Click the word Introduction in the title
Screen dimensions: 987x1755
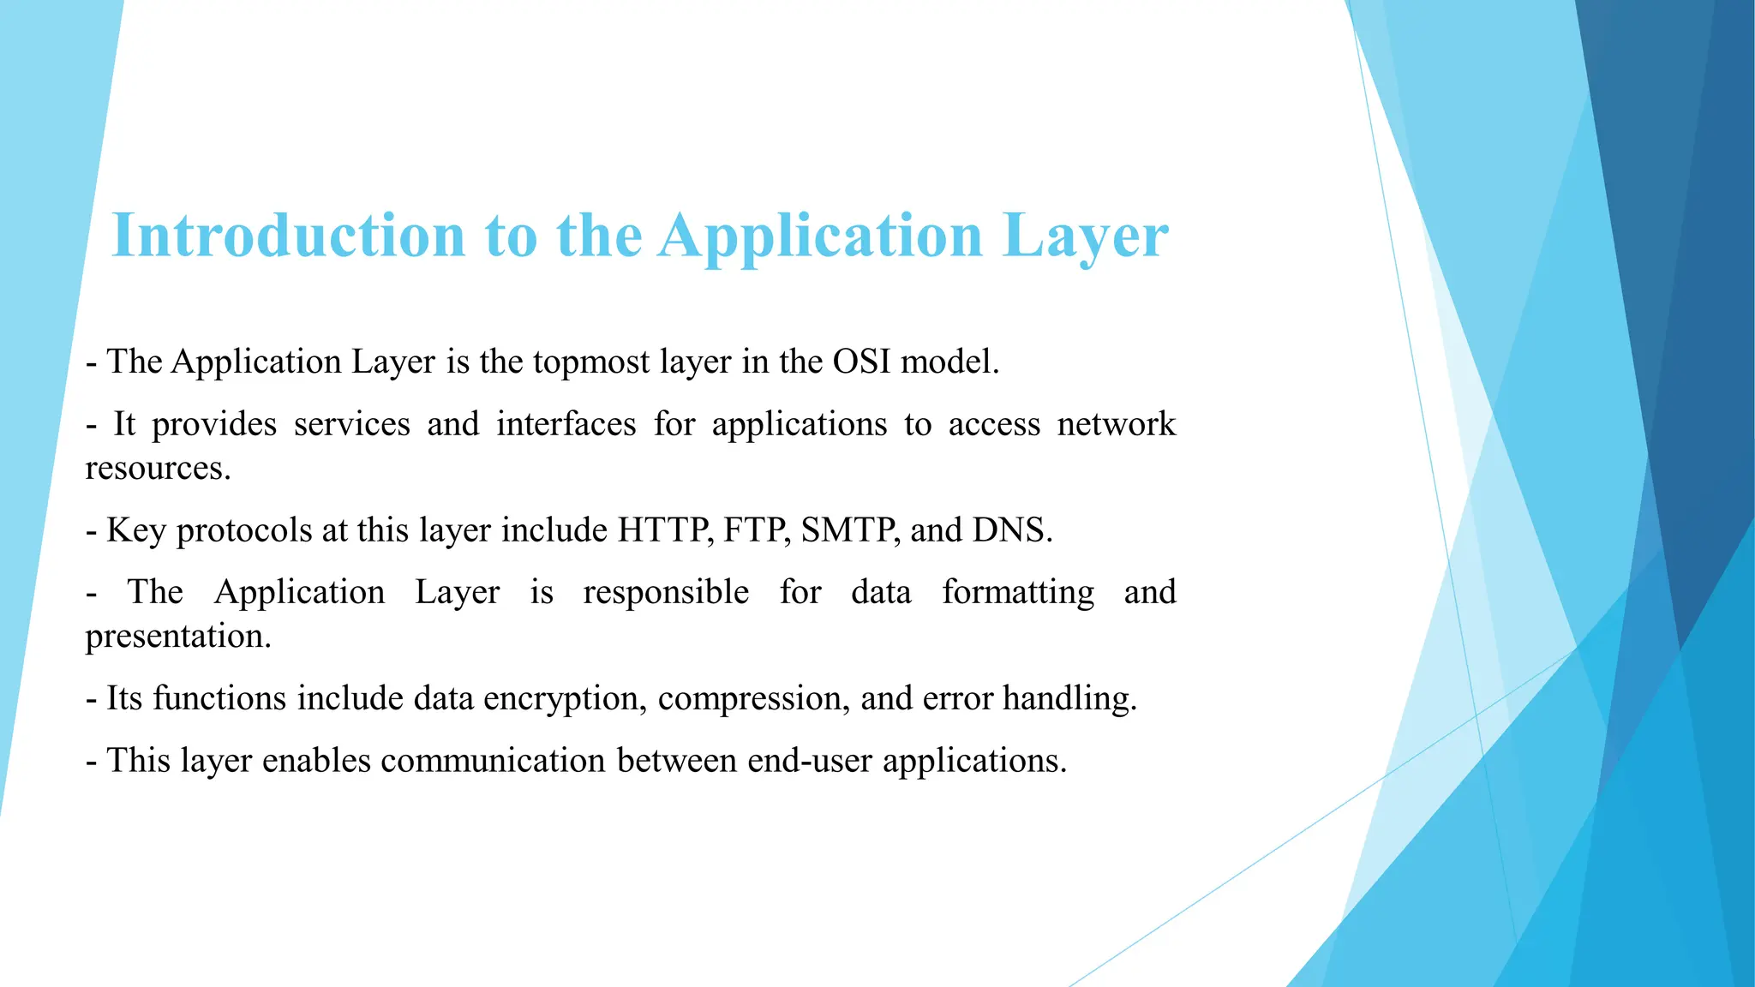288,236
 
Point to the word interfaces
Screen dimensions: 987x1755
566,424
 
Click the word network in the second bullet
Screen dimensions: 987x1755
1116,424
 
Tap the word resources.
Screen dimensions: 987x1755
158,469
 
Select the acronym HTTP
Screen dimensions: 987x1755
665,530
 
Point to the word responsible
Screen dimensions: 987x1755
666,593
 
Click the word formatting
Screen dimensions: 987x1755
1018,593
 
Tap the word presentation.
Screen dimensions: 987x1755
177,637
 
